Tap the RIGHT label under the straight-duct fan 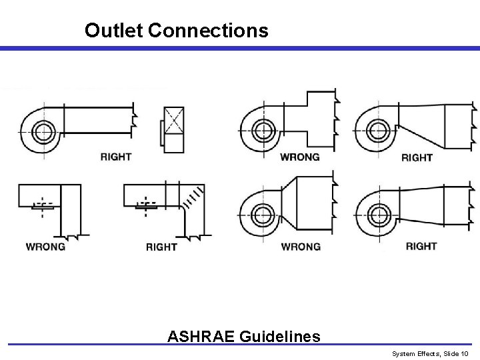tap(116, 157)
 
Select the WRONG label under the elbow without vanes tap(46, 247)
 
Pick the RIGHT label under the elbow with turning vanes tap(161, 247)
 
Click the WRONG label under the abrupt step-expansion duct tap(300, 157)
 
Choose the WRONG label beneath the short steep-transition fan tap(301, 247)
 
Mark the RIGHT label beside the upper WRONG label tap(417, 157)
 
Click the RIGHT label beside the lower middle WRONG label tap(421, 246)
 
